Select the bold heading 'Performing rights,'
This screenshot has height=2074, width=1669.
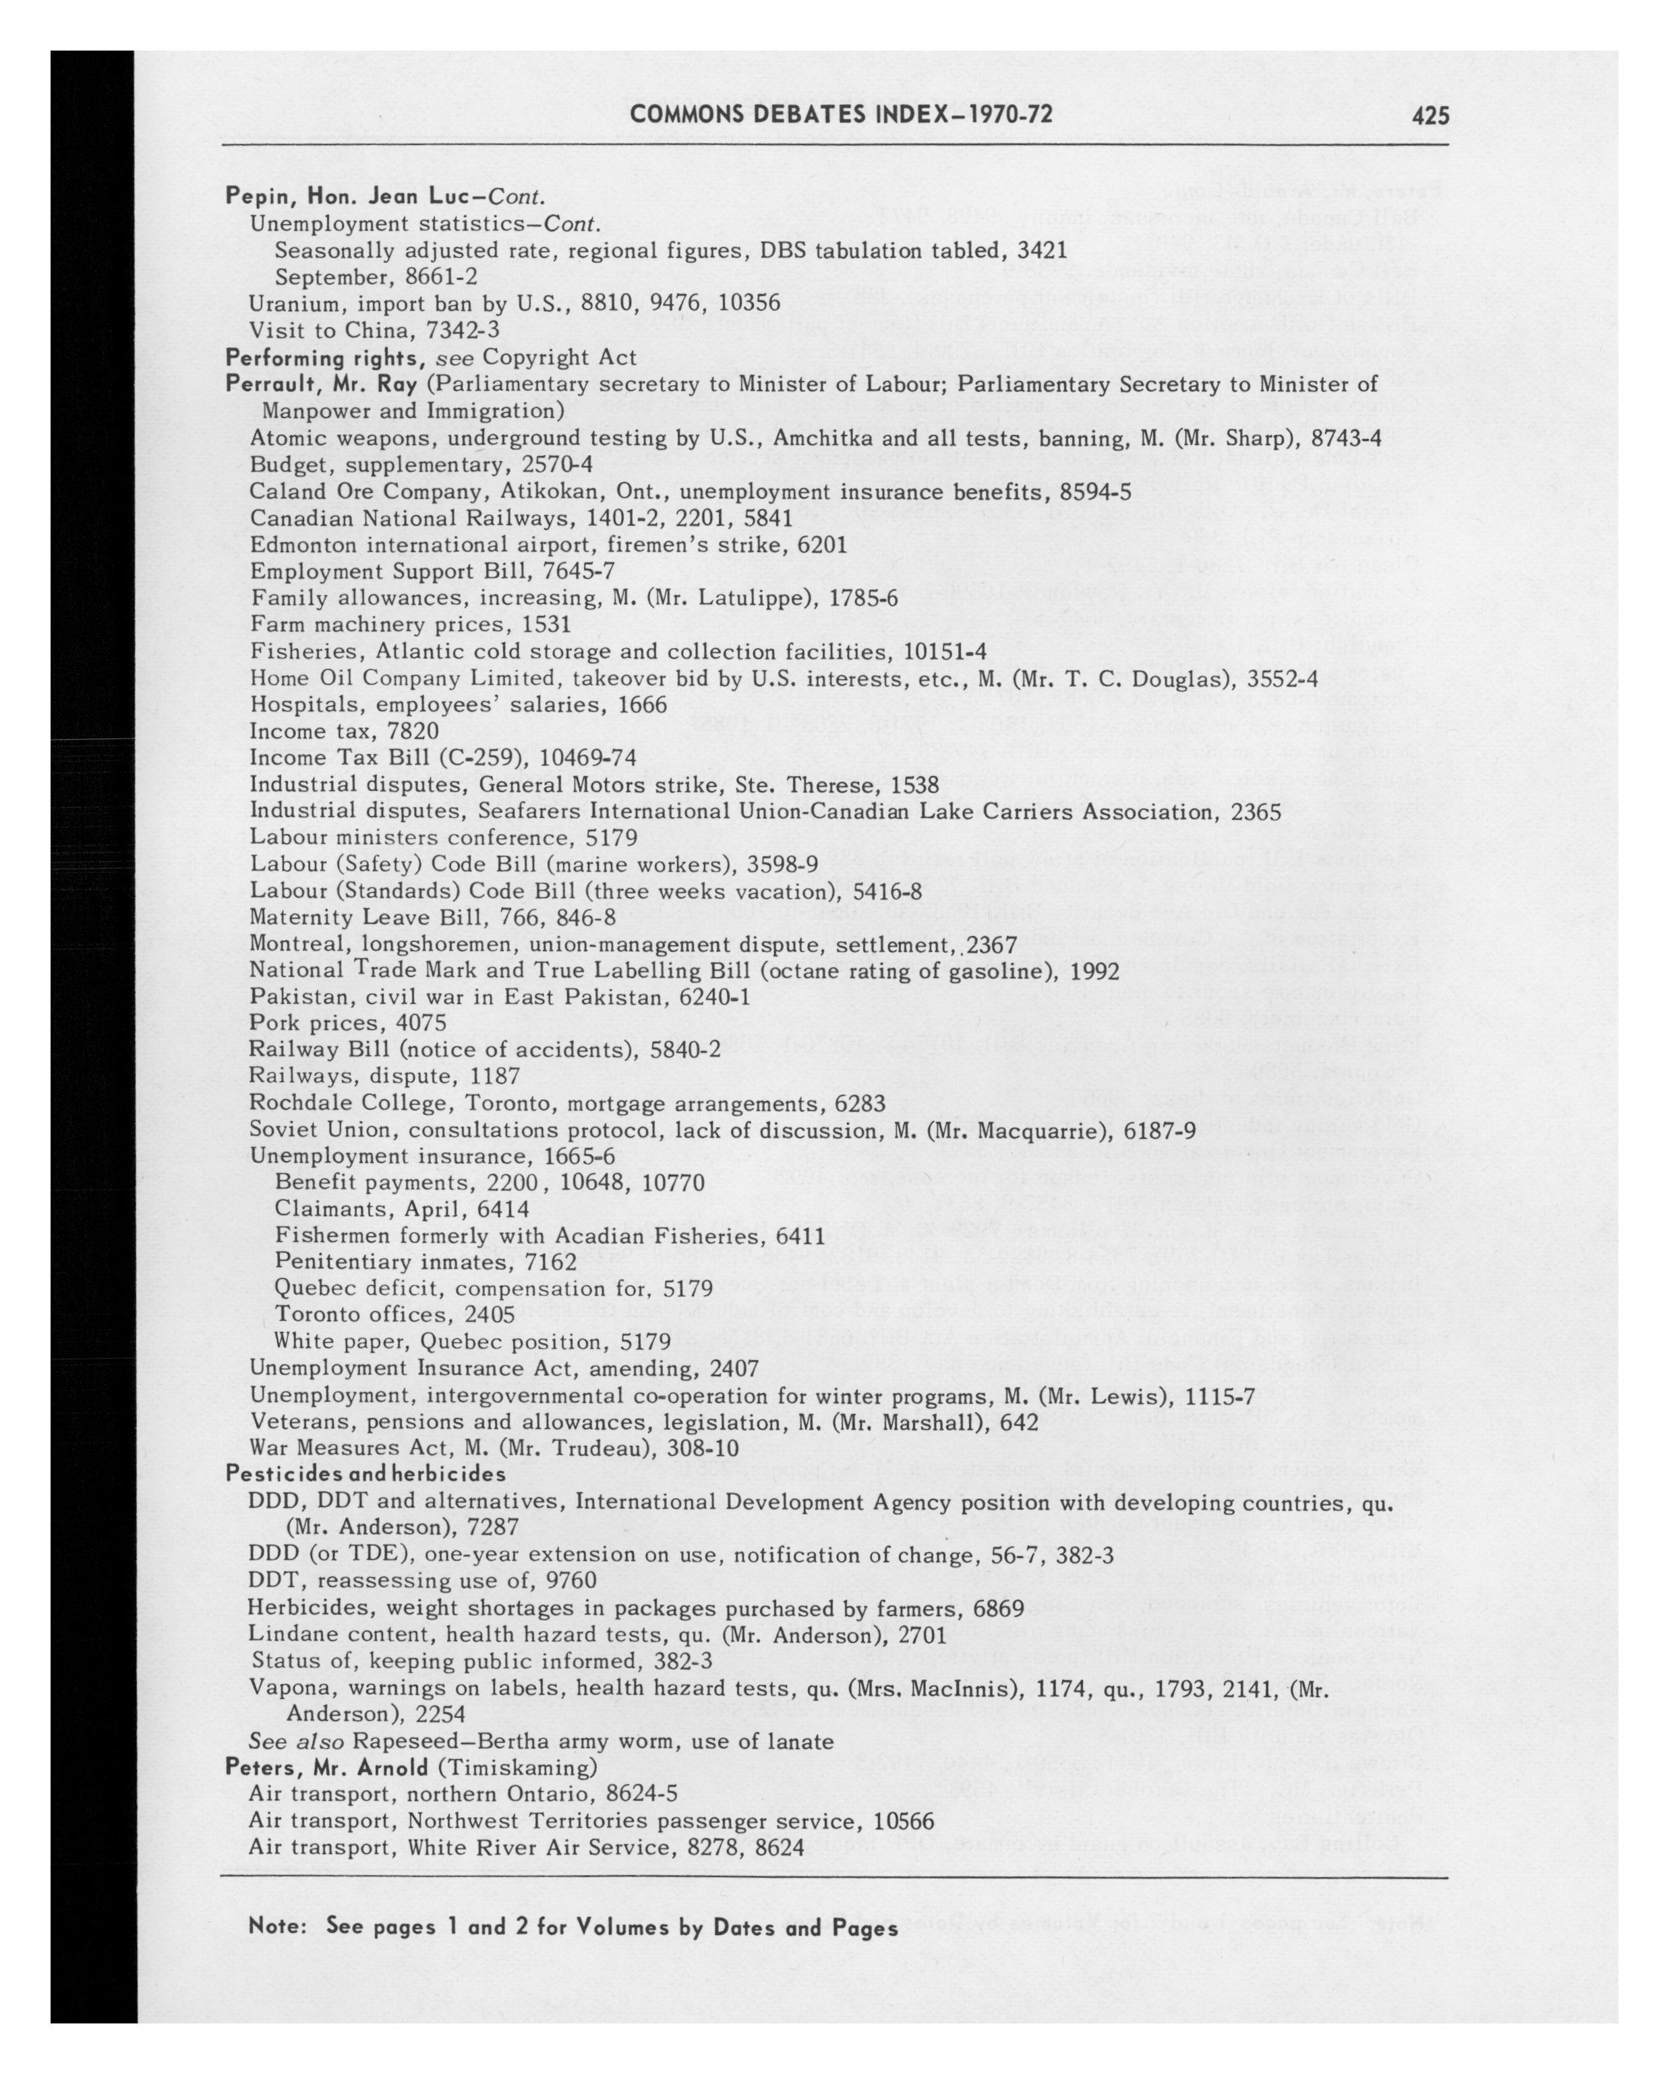(327, 358)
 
